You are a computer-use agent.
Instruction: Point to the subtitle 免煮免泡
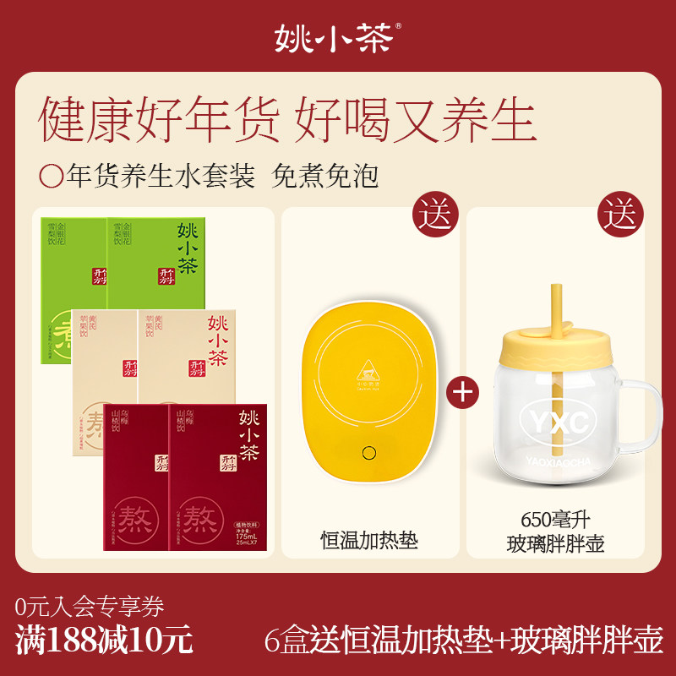(x=325, y=176)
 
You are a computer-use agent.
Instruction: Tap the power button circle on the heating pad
(x=369, y=452)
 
